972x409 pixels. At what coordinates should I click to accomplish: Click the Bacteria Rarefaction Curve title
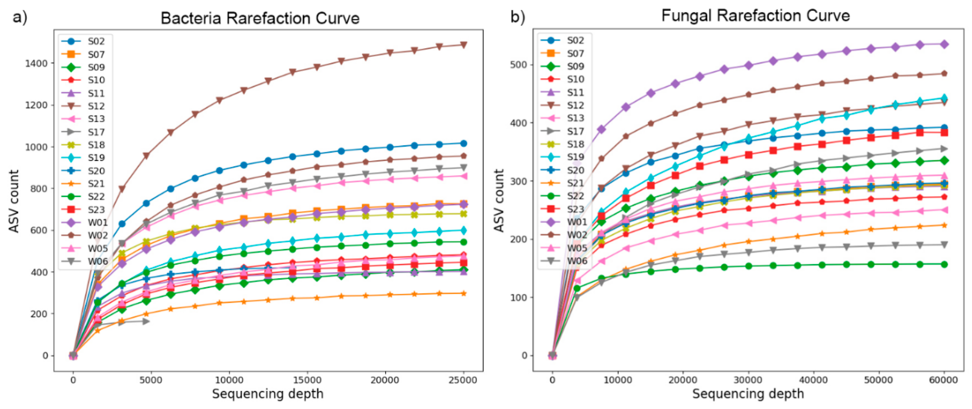pos(260,18)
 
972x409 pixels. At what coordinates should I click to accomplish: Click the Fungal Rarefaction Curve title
pos(755,16)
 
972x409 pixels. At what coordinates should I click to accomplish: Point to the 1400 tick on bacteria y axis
pos(36,64)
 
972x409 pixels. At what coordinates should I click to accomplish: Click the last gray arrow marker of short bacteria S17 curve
pos(146,321)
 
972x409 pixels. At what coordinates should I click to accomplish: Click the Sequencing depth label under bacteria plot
pos(267,394)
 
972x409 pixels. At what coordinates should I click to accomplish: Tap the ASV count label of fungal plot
pos(499,201)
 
